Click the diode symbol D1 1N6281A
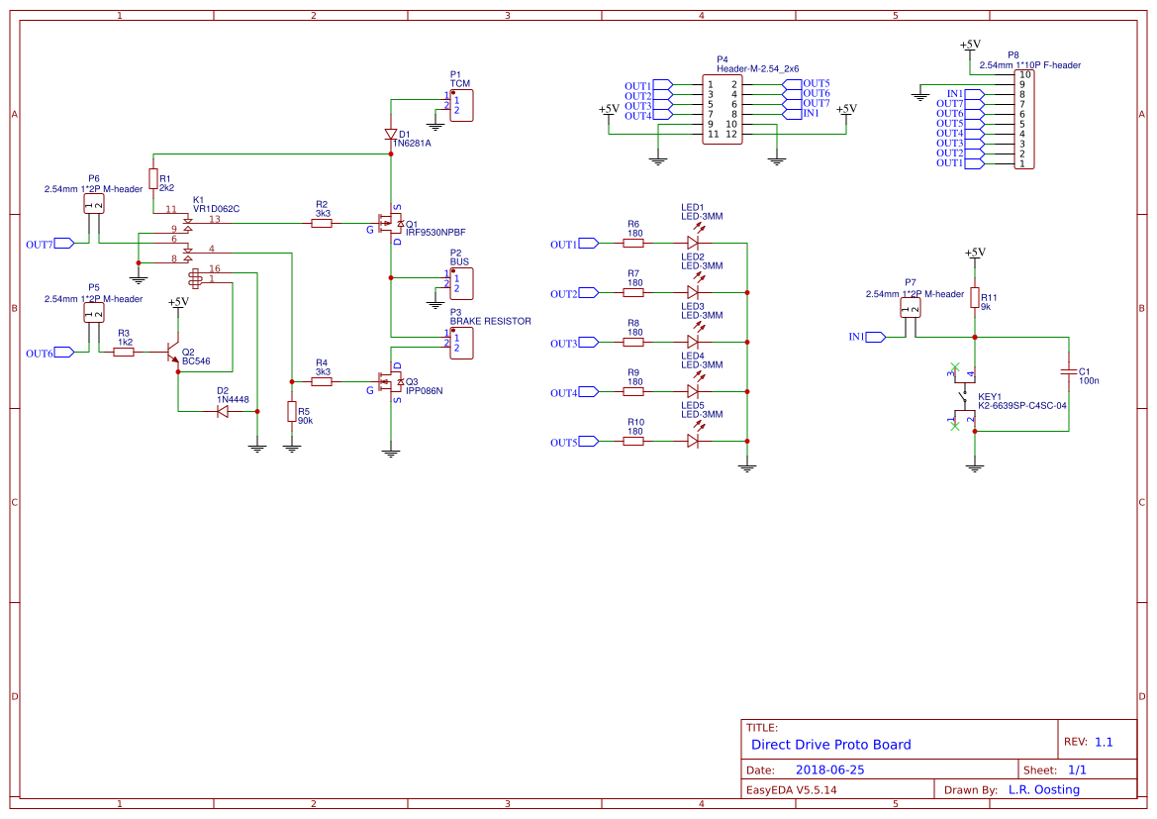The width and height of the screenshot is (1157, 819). (391, 135)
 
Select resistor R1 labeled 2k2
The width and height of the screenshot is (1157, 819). (152, 179)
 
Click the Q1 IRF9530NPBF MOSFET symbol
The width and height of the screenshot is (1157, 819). (390, 224)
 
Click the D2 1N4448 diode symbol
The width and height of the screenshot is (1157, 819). (223, 411)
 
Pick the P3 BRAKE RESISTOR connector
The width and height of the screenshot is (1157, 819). (462, 343)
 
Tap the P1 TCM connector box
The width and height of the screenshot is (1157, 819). (462, 104)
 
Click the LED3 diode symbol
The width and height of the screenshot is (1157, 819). (693, 343)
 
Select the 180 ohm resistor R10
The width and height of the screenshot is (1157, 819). (633, 442)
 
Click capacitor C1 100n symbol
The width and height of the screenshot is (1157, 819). (1069, 371)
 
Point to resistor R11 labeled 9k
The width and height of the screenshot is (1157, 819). (975, 298)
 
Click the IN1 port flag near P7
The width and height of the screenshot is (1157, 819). (874, 337)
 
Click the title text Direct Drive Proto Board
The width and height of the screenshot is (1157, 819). (830, 745)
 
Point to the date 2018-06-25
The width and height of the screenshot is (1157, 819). (830, 769)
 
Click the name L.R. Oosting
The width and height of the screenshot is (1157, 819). (1043, 790)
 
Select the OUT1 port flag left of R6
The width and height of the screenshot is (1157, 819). (588, 244)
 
